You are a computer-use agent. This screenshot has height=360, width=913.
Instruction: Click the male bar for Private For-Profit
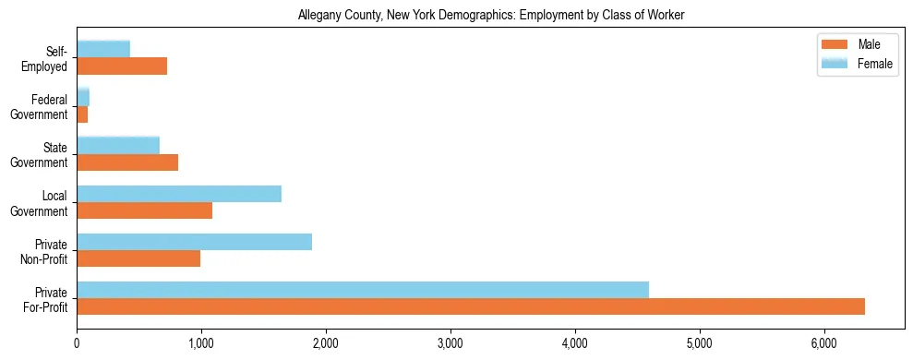pyautogui.click(x=471, y=306)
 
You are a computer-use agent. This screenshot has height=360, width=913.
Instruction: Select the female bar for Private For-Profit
pyautogui.click(x=363, y=290)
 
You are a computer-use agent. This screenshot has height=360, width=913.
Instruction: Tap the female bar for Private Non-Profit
pyautogui.click(x=194, y=242)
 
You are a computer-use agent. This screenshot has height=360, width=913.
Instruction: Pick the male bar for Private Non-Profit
pyautogui.click(x=138, y=258)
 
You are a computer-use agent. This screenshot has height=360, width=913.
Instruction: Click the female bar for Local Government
pyautogui.click(x=179, y=194)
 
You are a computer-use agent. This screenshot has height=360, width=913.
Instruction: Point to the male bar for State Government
pyautogui.click(x=127, y=162)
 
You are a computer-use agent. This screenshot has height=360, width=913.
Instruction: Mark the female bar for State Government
pyautogui.click(x=118, y=146)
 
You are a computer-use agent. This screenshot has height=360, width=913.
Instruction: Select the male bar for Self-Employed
pyautogui.click(x=122, y=66)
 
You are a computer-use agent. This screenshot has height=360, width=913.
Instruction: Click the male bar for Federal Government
pyautogui.click(x=82, y=114)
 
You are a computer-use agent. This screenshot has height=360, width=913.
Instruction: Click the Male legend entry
pyautogui.click(x=859, y=45)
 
